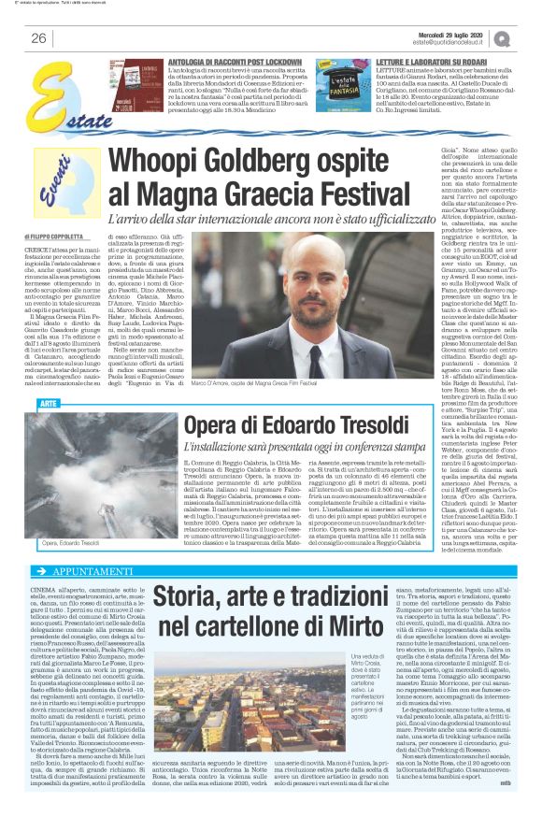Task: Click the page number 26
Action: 38,38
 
